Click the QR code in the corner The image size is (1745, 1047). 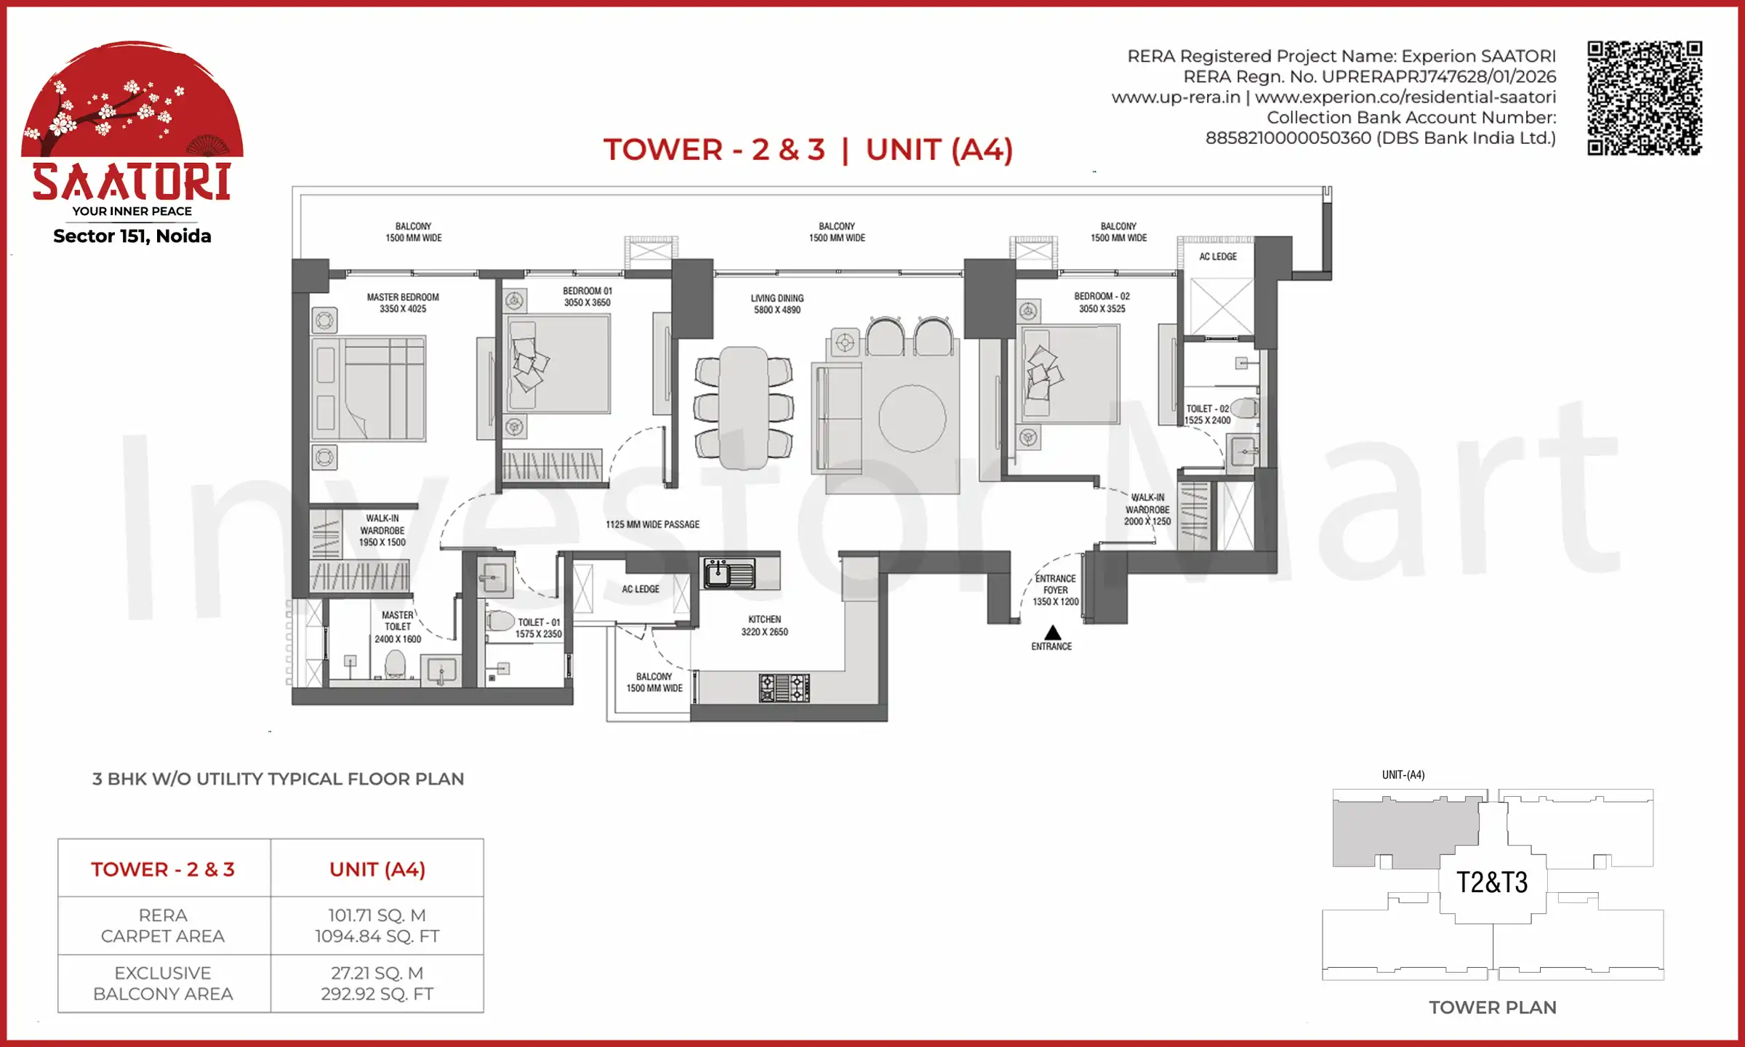click(1644, 98)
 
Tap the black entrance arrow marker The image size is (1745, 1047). click(1052, 633)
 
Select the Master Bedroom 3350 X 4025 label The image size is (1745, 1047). click(402, 303)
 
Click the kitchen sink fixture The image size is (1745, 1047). click(729, 573)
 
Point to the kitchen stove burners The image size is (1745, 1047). click(784, 687)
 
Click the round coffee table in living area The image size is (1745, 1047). click(912, 419)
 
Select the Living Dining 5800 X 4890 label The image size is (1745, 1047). click(777, 304)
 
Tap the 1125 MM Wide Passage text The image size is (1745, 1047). click(652, 524)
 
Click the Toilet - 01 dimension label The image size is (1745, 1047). click(538, 628)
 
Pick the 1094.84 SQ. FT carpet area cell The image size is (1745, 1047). click(377, 926)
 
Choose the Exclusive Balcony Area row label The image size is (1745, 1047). click(163, 983)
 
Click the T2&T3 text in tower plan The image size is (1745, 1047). click(1492, 883)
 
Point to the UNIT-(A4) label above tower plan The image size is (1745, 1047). click(1403, 775)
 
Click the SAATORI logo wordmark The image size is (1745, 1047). click(132, 182)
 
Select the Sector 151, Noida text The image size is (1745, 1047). click(132, 236)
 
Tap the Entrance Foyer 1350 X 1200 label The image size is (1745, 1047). click(1055, 590)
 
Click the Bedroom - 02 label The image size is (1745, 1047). click(1102, 302)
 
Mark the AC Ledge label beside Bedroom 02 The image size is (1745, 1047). click(1217, 257)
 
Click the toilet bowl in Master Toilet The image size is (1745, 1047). click(395, 663)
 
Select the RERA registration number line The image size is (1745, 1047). click(1369, 77)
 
